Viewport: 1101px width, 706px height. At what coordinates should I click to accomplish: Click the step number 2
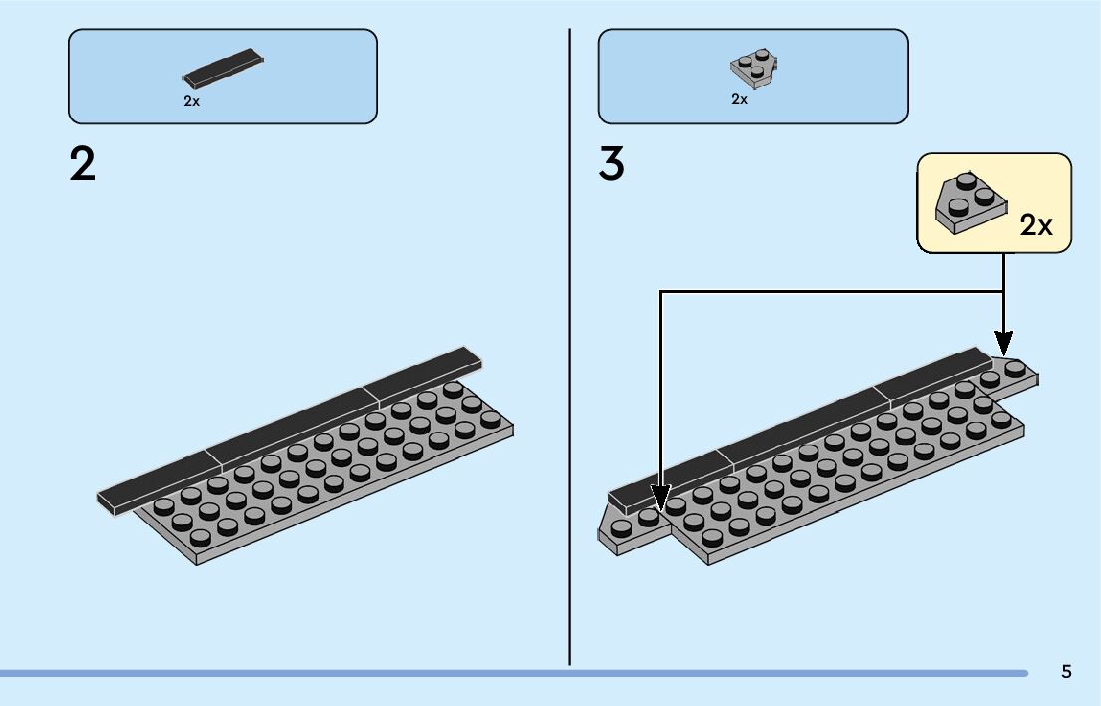coord(83,164)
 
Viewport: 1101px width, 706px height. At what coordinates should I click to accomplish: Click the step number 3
coord(611,164)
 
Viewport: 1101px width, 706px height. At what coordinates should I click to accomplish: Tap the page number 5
coord(1066,671)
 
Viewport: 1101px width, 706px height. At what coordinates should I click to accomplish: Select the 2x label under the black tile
coord(191,101)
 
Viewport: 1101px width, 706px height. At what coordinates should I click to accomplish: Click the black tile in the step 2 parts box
coord(225,66)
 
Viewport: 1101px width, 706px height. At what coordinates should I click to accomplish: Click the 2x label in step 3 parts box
coord(739,99)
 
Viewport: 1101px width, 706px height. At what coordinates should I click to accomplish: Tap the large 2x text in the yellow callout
coord(1036,226)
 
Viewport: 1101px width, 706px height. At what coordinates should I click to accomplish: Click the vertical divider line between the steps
coord(569,349)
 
